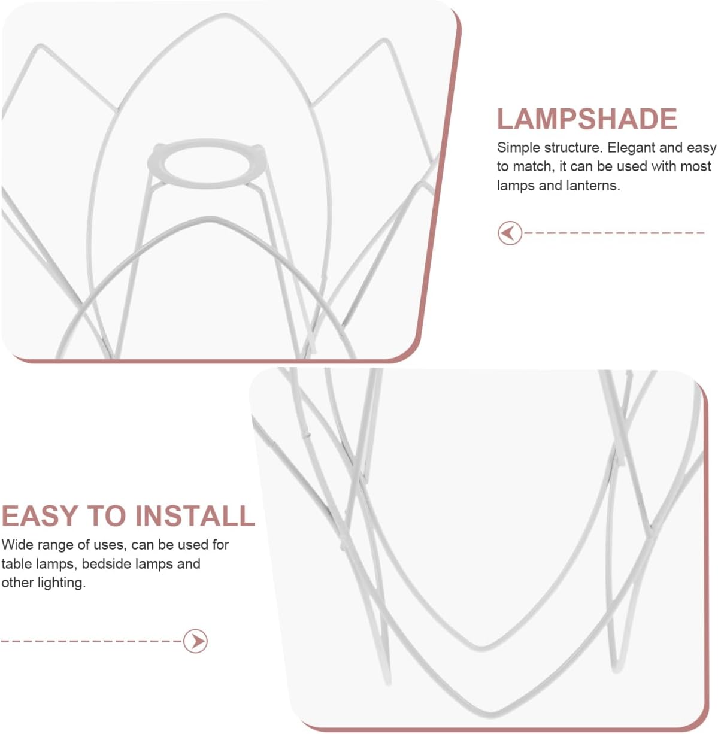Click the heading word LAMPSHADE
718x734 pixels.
(x=586, y=119)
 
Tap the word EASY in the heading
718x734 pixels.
(x=40, y=516)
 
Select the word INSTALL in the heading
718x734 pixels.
(x=195, y=516)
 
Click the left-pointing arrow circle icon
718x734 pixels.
(x=510, y=233)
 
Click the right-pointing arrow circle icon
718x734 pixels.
(x=195, y=641)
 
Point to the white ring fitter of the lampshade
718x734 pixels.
(x=205, y=163)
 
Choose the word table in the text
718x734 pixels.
(x=16, y=564)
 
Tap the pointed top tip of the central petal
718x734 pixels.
(x=225, y=16)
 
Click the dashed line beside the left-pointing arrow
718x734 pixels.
(x=614, y=233)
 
